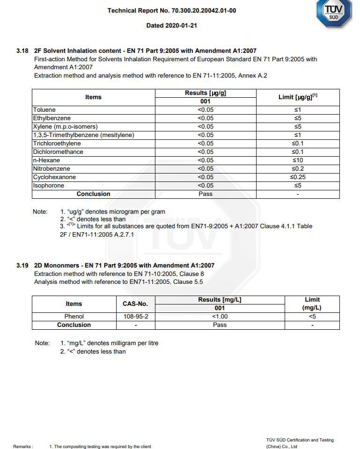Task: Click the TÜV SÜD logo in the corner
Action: pyautogui.click(x=334, y=13)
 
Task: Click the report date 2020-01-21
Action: pyautogui.click(x=171, y=26)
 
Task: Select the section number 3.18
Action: pyautogui.click(x=22, y=51)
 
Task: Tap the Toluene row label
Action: pyautogui.click(x=44, y=110)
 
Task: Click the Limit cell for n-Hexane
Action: pyautogui.click(x=298, y=160)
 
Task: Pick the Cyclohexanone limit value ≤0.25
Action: pyautogui.click(x=298, y=177)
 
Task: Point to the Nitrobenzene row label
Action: pyautogui.click(x=51, y=169)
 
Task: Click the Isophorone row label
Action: pyautogui.click(x=49, y=186)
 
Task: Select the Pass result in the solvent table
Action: pyautogui.click(x=206, y=194)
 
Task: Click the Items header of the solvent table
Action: pyautogui.click(x=93, y=97)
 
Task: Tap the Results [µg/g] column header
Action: pyautogui.click(x=206, y=93)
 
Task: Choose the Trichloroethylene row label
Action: pyautogui.click(x=57, y=144)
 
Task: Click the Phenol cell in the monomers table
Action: pyautogui.click(x=74, y=317)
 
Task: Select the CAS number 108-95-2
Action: pyautogui.click(x=135, y=317)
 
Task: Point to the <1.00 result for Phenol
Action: pyautogui.click(x=220, y=317)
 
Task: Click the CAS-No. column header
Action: pyautogui.click(x=135, y=304)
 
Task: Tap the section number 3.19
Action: pyautogui.click(x=22, y=266)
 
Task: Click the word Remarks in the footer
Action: pyautogui.click(x=23, y=447)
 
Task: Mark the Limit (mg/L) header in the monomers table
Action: pyautogui.click(x=312, y=304)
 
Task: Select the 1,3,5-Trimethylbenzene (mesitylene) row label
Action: pyautogui.click(x=83, y=135)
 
